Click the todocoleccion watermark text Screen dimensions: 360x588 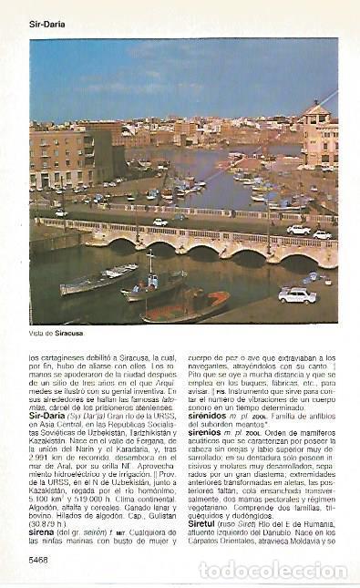(273, 570)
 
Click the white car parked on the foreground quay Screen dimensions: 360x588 (297, 294)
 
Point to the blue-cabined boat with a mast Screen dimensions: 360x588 (155, 285)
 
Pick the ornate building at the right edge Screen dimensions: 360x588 (320, 137)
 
